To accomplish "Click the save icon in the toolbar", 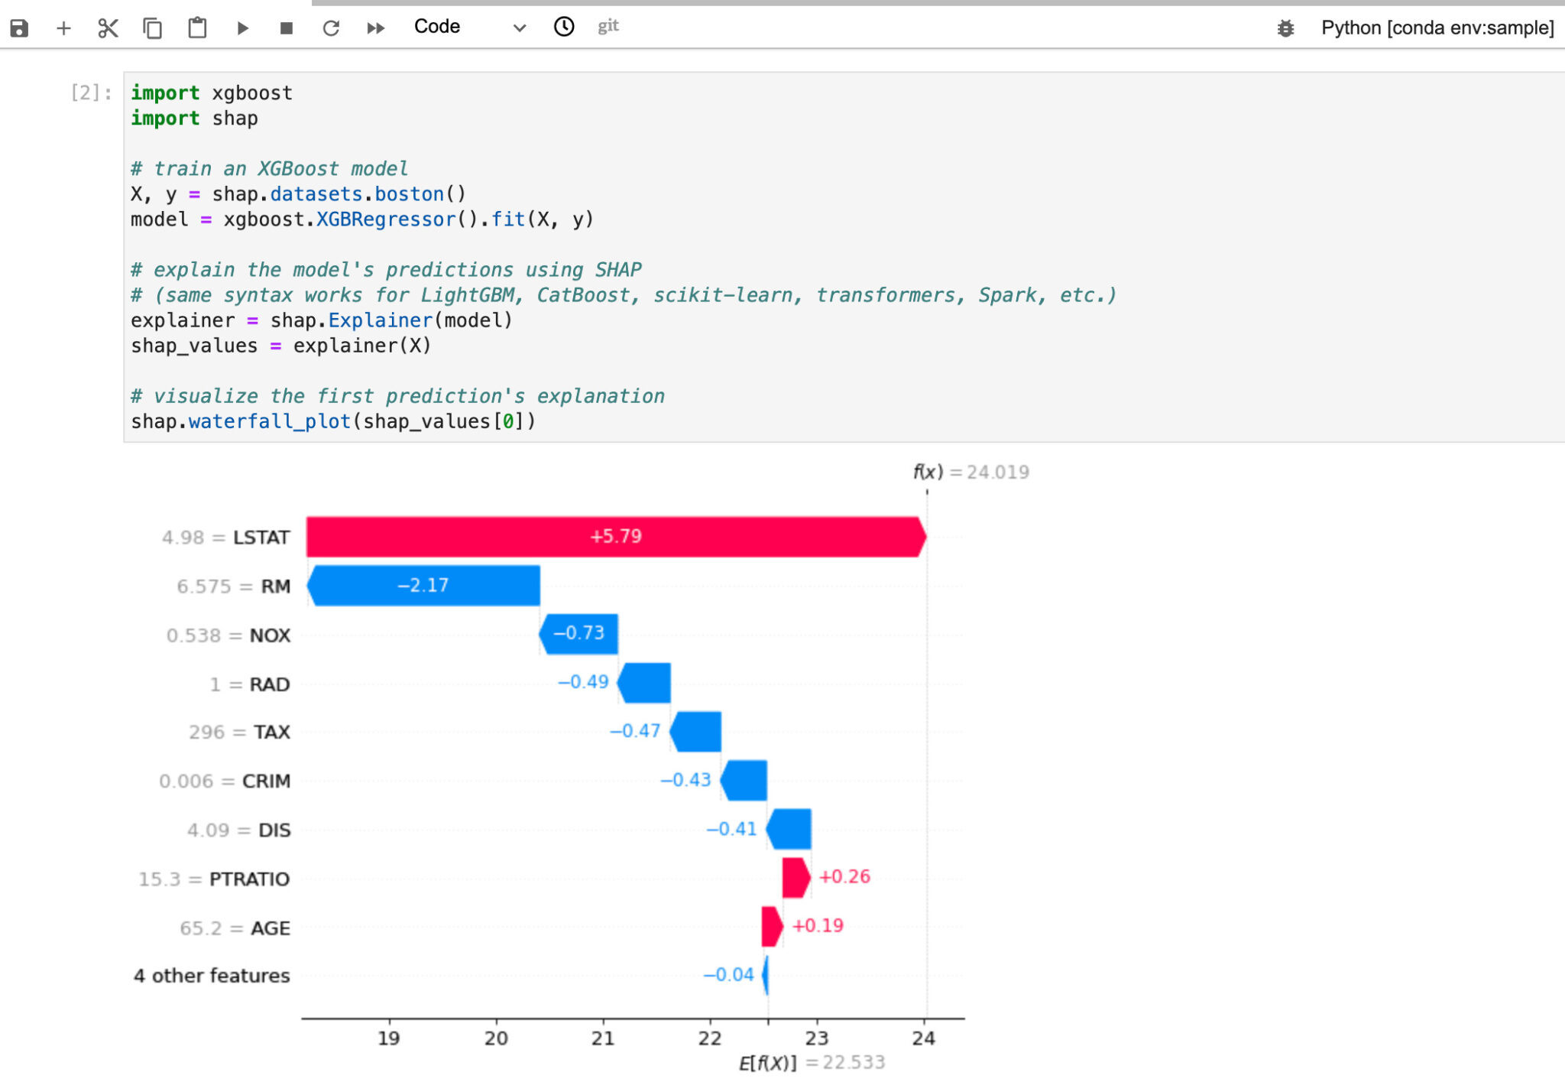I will (x=19, y=28).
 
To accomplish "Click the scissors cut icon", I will (x=108, y=28).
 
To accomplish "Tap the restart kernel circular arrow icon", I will (x=331, y=28).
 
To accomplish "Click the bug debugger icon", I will (x=1285, y=28).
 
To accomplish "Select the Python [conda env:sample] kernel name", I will (x=1437, y=28).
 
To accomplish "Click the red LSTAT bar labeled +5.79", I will (x=615, y=537).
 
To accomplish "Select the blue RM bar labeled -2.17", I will (x=424, y=586).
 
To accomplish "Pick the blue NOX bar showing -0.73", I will (x=579, y=634).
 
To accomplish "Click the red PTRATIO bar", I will (x=795, y=878).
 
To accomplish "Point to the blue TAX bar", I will (x=696, y=732).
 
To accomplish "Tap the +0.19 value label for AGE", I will (x=818, y=926).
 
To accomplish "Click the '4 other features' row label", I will (x=212, y=976).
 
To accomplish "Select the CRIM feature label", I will (x=266, y=781).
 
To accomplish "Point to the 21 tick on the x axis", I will (x=603, y=1038).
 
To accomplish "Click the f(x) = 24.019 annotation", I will (x=970, y=473).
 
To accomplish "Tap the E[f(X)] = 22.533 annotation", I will (x=812, y=1063).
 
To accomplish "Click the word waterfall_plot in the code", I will (x=269, y=421).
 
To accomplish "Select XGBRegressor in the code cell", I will (x=386, y=220).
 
